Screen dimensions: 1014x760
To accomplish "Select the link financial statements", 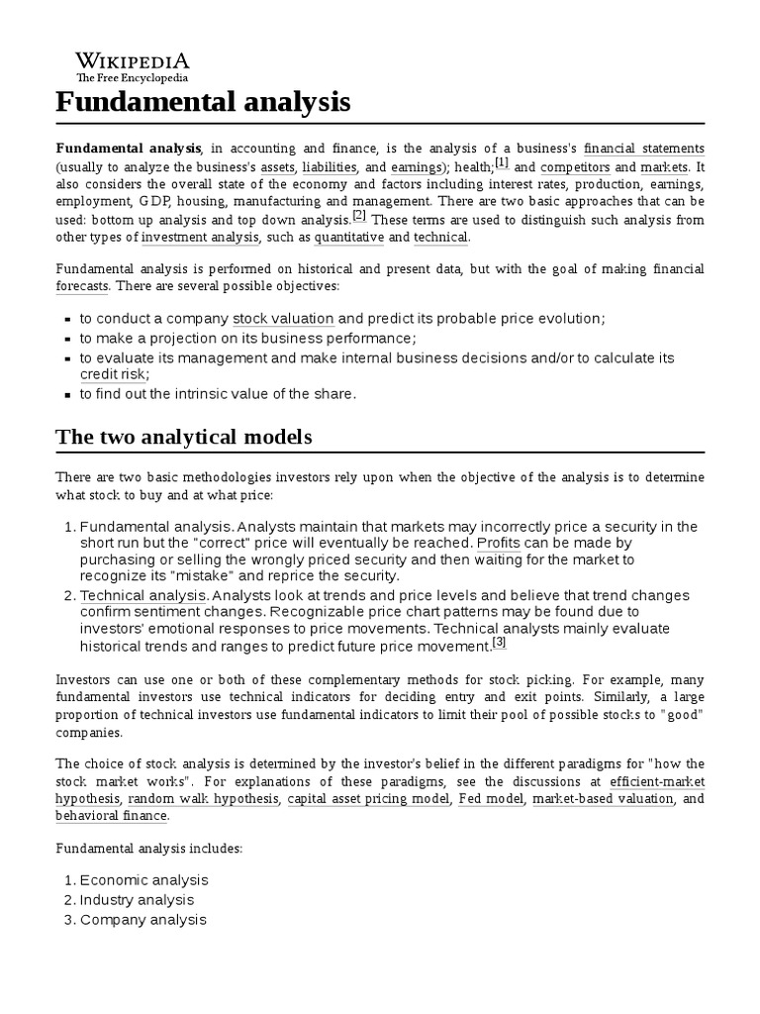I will (644, 149).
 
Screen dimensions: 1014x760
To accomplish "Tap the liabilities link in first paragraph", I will (329, 167).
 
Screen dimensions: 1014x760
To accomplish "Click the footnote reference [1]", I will (502, 163).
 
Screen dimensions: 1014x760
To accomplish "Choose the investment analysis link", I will (201, 238).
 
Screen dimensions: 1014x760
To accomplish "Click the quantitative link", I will (349, 238).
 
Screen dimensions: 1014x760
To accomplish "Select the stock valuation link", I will (283, 319).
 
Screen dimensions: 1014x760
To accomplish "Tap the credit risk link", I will (114, 374).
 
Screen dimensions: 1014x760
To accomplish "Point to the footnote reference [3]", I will (499, 643).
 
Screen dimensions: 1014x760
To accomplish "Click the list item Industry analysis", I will (137, 900).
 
